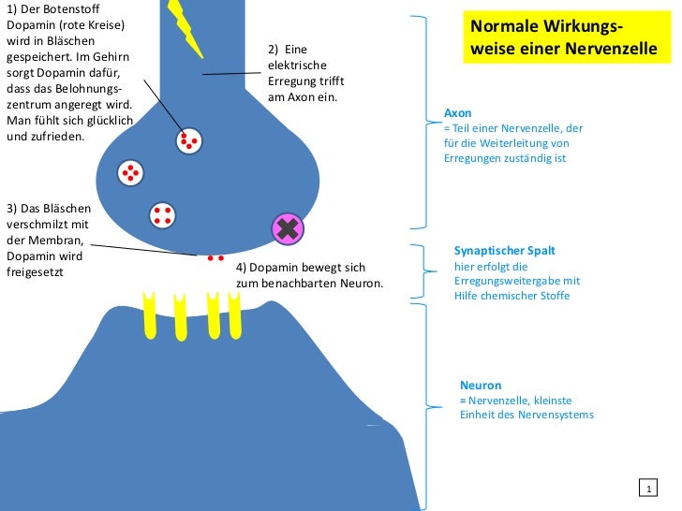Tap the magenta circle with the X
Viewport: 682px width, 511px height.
coord(288,229)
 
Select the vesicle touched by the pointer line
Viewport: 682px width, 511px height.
coord(189,141)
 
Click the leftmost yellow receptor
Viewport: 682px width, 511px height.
coord(149,315)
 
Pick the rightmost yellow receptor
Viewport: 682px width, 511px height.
coord(234,315)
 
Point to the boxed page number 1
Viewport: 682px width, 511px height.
coord(648,488)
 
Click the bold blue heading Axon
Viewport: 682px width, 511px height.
coord(457,113)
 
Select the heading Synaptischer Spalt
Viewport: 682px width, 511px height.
coord(505,251)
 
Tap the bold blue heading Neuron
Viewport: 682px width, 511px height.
coord(481,386)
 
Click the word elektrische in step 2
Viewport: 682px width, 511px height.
coord(297,66)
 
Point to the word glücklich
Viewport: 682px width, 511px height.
coord(109,121)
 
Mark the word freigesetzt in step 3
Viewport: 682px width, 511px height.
coord(35,272)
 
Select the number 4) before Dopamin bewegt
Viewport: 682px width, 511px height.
coord(241,268)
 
